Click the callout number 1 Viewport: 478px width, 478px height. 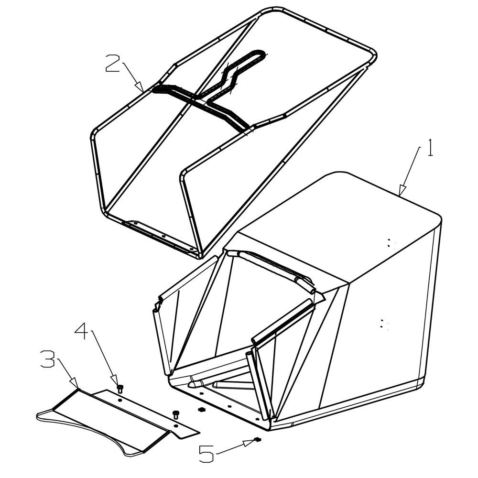pos(430,148)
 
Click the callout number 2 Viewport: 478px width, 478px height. pos(112,63)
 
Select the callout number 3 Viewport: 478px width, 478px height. pos(47,359)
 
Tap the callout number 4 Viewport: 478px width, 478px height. pos(82,331)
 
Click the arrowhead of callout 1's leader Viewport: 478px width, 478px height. pos(402,190)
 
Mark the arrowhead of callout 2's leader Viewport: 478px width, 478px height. pos(140,86)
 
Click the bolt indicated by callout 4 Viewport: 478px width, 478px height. pos(120,389)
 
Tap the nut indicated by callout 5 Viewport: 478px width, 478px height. pos(258,439)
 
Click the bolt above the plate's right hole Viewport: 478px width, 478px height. pos(175,414)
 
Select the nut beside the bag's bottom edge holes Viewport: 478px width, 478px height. pos(201,410)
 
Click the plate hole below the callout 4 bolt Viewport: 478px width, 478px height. pos(120,400)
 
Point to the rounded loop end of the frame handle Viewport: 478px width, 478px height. pos(259,54)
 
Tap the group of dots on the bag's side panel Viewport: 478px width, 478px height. pos(383,325)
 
